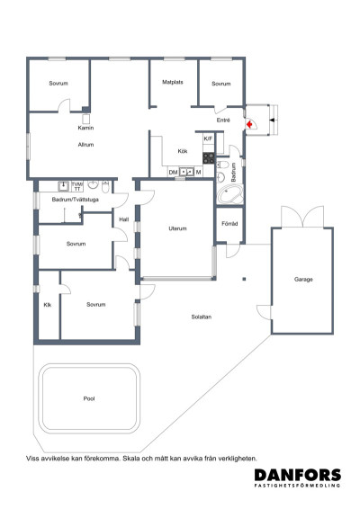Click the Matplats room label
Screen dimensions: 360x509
(173, 82)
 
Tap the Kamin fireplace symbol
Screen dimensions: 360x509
(85, 119)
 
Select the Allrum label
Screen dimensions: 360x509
(85, 145)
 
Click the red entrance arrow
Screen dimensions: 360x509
(249, 124)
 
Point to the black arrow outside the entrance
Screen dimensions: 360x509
(272, 121)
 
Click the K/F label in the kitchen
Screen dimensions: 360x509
(208, 138)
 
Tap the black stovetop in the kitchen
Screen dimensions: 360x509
(209, 158)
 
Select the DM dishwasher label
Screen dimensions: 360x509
(173, 172)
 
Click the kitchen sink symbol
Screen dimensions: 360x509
(186, 171)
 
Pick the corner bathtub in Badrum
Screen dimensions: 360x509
(229, 194)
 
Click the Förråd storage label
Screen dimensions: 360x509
(229, 224)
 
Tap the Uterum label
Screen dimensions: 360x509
(177, 228)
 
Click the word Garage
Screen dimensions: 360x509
(303, 279)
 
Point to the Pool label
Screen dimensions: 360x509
(89, 398)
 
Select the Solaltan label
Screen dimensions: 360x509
(202, 317)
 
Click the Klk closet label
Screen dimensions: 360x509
(48, 305)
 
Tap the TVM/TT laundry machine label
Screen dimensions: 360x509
(77, 186)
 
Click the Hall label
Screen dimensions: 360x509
(124, 219)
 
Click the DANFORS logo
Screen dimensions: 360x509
(298, 478)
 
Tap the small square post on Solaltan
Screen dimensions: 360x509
(244, 279)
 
